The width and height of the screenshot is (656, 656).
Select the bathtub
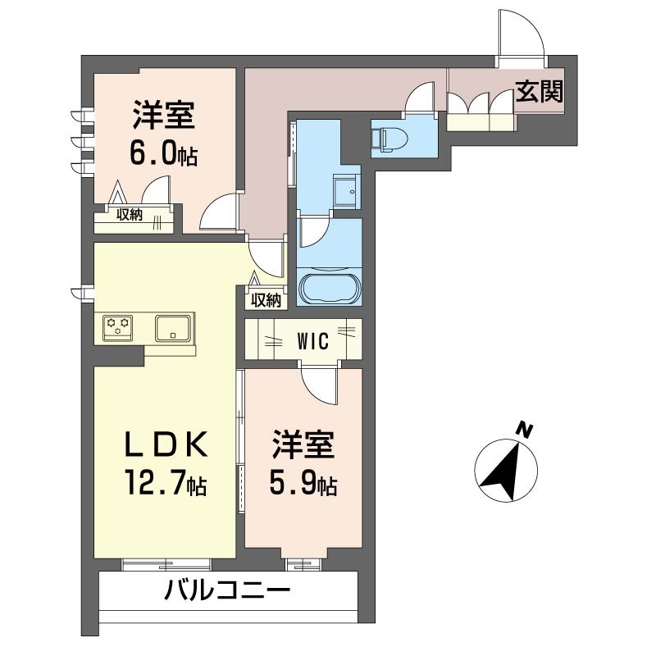click(x=328, y=289)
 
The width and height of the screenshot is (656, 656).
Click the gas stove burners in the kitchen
click(x=117, y=327)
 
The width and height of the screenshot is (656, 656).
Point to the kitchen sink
click(x=173, y=328)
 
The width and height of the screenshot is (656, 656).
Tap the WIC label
click(x=312, y=340)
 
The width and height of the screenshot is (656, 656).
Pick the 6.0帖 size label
click(x=163, y=153)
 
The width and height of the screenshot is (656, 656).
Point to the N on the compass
click(x=523, y=429)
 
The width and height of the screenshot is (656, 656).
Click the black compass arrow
click(x=503, y=471)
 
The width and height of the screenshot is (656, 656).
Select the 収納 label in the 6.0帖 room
click(x=130, y=215)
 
